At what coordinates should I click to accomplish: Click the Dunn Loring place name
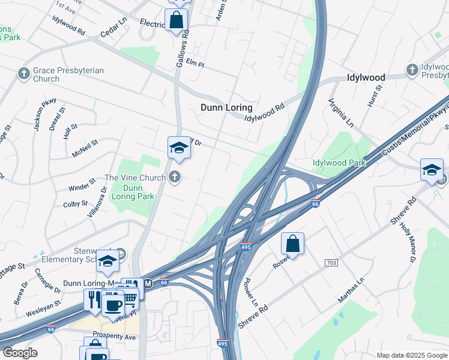pos(226,108)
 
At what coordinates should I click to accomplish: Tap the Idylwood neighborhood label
pos(366,78)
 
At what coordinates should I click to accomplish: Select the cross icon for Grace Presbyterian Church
pos(24,73)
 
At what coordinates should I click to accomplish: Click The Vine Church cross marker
pos(175,176)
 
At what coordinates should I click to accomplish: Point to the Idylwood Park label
pos(339,163)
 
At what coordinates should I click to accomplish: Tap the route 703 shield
pos(331,263)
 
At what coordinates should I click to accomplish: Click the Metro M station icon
pos(147,283)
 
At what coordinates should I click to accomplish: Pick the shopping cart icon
pos(130,296)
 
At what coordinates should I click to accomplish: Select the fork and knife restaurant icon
pos(95,299)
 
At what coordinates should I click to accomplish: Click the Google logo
pos(20,353)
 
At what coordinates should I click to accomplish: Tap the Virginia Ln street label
pos(341,113)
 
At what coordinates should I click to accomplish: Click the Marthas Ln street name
pos(352,293)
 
